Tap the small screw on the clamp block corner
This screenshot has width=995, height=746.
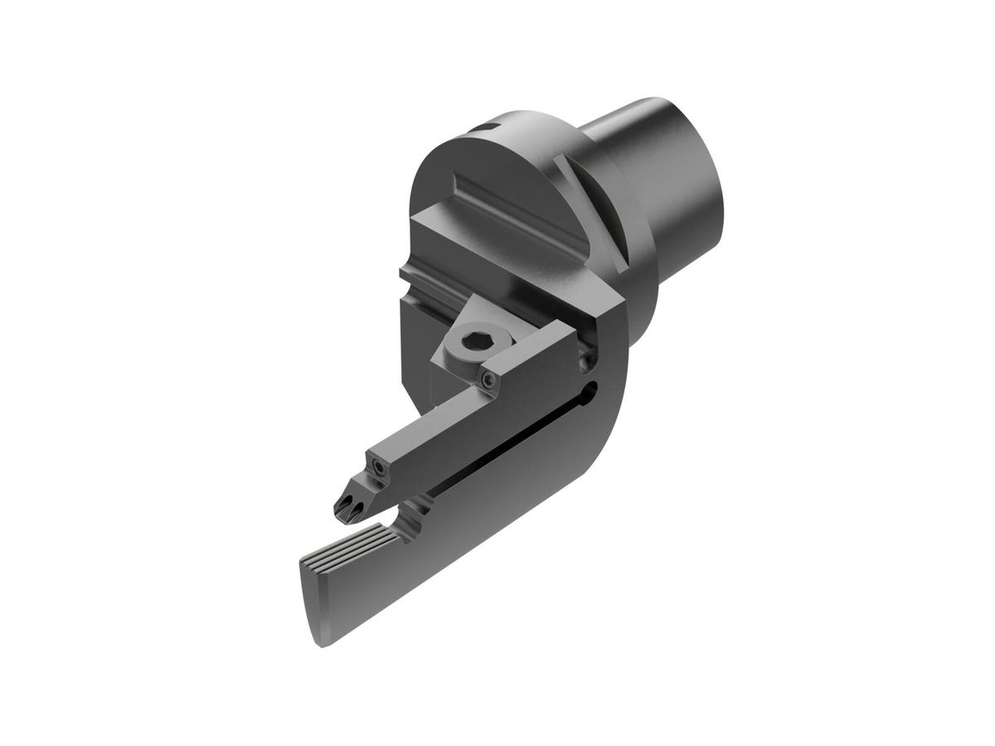click(490, 380)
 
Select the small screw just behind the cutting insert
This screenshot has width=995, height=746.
click(379, 470)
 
